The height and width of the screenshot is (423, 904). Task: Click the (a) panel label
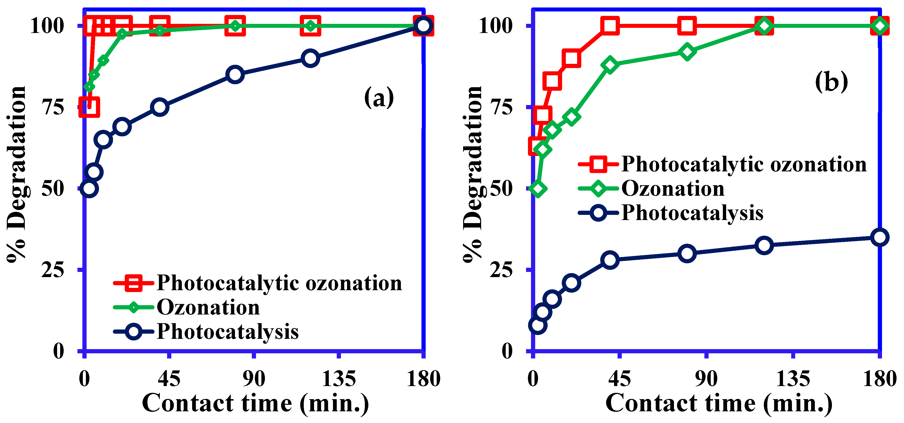tap(379, 98)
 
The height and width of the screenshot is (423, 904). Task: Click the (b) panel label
tap(831, 81)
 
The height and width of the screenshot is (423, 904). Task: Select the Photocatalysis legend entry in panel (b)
tap(692, 213)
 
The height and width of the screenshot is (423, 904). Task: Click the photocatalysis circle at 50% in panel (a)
tap(89, 189)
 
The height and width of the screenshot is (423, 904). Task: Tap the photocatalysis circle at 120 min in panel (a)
tap(310, 58)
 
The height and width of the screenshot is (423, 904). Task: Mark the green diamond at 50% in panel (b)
tap(538, 189)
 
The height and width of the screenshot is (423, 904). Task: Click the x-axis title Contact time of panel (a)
tap(256, 403)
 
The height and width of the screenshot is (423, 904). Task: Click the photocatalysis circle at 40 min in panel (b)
tap(610, 260)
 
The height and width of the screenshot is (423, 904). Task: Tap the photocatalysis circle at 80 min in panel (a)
tap(235, 74)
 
